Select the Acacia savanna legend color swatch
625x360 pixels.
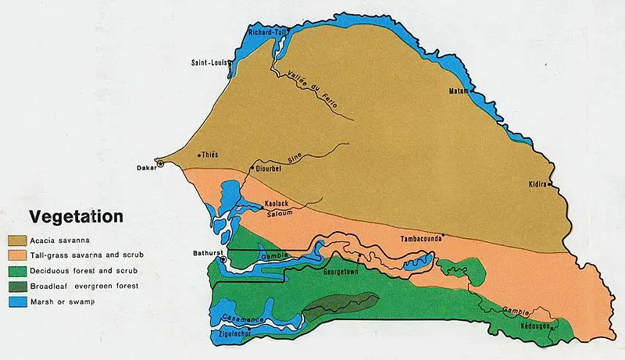pos(19,240)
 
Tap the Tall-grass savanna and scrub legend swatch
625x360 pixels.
pos(19,255)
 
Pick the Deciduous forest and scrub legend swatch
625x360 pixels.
pos(19,271)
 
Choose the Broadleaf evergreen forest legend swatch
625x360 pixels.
pos(19,287)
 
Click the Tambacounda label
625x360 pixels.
pos(422,239)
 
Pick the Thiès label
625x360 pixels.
pos(209,155)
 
